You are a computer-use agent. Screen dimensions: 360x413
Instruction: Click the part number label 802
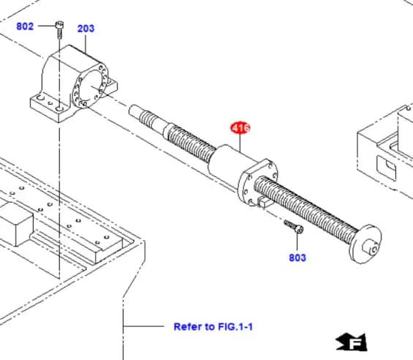(25, 26)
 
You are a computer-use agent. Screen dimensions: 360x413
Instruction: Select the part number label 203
(86, 29)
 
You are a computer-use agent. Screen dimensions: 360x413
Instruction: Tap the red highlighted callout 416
(240, 128)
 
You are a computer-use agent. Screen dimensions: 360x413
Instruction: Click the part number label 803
(298, 258)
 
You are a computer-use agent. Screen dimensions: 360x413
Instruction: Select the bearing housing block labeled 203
(73, 80)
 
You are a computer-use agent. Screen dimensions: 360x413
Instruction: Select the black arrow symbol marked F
(351, 341)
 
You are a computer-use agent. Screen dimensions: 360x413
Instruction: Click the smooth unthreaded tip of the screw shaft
(138, 112)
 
